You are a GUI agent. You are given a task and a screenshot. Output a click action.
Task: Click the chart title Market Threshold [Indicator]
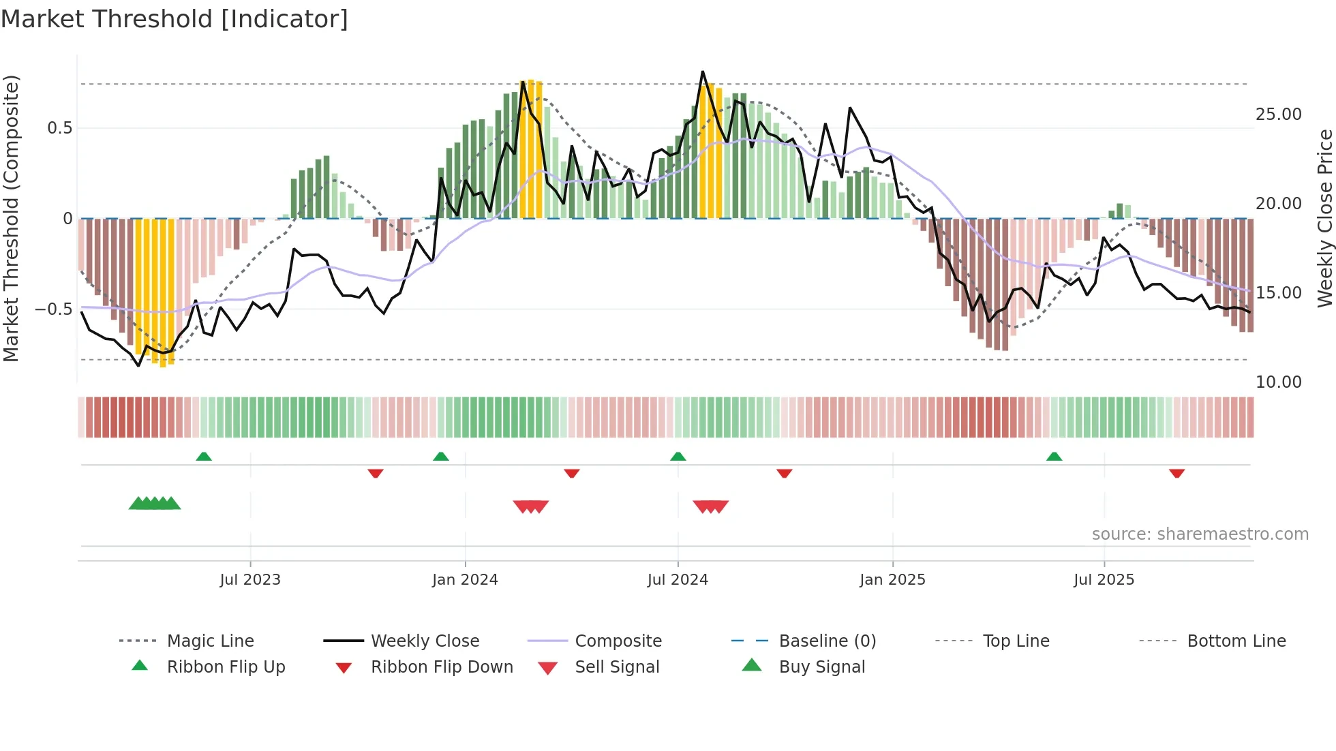(174, 19)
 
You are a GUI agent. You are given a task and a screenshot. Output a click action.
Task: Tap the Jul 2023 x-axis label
(250, 580)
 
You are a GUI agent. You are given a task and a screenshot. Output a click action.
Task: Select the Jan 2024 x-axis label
(465, 580)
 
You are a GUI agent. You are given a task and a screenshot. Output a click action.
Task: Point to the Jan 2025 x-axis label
(892, 580)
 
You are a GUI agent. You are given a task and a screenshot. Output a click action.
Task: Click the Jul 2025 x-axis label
(1104, 580)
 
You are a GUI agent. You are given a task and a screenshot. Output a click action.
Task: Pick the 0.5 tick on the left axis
(59, 128)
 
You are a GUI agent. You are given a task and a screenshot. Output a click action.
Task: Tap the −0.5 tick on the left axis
(54, 309)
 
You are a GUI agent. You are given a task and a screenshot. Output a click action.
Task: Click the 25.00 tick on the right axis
(1278, 114)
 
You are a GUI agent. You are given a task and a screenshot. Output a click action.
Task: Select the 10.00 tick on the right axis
(1278, 382)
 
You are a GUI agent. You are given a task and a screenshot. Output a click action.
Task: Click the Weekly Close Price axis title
(1324, 218)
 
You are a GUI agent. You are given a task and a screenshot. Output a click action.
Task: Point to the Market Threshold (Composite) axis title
(11, 218)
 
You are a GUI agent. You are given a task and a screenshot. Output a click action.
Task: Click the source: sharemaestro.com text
(1200, 534)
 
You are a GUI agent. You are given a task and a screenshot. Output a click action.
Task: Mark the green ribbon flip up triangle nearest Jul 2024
(678, 457)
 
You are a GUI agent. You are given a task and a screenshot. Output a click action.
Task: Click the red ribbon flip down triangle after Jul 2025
(1176, 473)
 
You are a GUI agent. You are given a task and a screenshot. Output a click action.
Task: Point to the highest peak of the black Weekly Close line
(703, 72)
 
